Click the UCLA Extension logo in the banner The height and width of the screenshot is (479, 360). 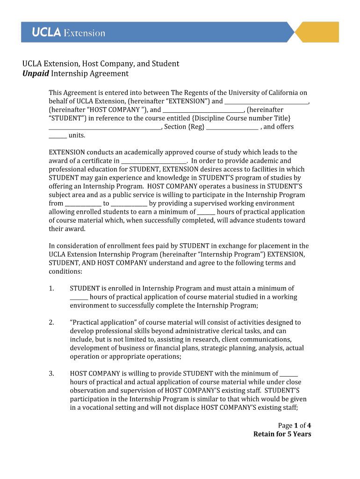68,33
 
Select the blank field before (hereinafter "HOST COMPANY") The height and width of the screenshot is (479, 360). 266,102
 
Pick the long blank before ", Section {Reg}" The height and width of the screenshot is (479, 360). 105,127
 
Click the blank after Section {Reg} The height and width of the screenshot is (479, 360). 232,127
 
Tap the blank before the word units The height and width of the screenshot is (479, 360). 58,136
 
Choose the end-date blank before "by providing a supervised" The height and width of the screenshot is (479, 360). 129,203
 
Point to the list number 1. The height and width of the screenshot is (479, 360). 51,289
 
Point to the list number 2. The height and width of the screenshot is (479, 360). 51,323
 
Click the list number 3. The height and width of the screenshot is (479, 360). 51,374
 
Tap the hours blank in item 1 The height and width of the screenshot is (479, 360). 79,298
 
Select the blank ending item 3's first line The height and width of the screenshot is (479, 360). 289,374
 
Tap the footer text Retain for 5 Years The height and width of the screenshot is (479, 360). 282,434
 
